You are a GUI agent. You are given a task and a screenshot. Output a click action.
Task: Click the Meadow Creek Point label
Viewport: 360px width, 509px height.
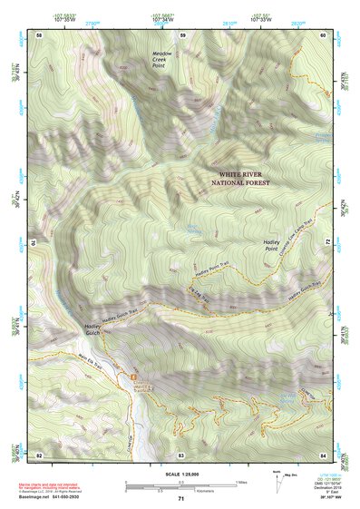(163, 59)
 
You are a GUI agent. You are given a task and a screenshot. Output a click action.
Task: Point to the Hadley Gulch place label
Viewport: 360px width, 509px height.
(95, 329)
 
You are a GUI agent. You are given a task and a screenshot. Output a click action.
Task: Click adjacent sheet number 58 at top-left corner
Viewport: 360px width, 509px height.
(39, 34)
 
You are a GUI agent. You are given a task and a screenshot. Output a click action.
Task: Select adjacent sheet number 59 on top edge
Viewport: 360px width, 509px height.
(182, 34)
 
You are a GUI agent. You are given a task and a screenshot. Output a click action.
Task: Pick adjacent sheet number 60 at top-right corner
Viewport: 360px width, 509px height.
(324, 34)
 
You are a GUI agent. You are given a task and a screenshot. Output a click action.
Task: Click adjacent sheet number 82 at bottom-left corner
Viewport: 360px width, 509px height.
(39, 454)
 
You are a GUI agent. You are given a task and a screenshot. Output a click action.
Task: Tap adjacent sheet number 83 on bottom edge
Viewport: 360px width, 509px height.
(181, 454)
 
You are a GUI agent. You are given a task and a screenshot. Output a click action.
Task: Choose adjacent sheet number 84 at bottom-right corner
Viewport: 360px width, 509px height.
(324, 454)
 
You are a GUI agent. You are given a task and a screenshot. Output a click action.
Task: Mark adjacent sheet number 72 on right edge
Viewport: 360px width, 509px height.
(325, 242)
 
